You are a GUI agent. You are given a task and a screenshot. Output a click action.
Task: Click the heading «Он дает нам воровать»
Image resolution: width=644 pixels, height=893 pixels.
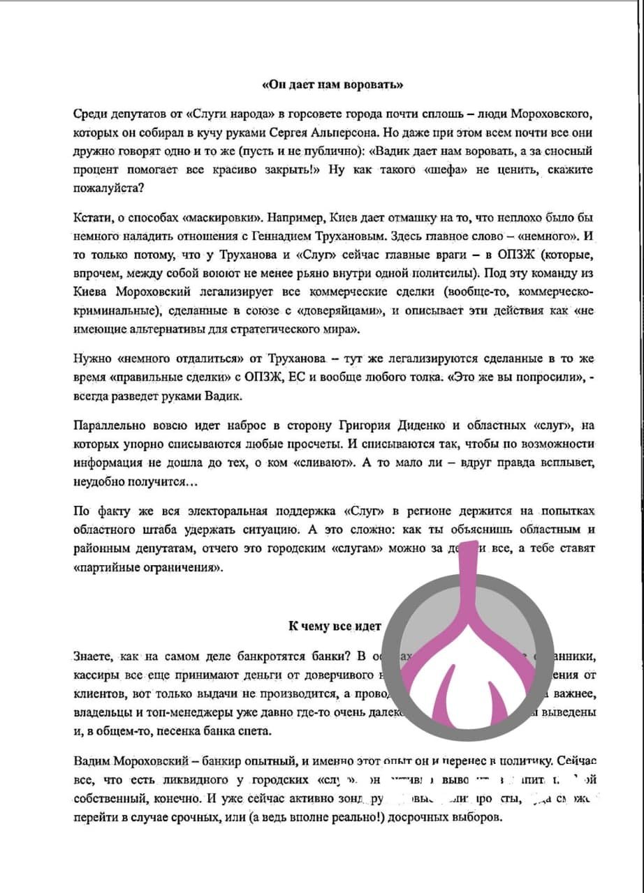332,85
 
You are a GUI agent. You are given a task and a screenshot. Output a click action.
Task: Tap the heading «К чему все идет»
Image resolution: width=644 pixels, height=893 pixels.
335,625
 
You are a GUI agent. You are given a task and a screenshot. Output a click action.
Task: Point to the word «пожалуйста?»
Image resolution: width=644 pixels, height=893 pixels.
103,187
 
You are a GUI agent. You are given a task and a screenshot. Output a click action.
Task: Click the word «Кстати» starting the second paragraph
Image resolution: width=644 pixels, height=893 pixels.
89,218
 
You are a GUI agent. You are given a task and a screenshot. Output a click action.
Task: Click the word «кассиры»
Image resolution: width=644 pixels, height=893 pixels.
96,675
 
